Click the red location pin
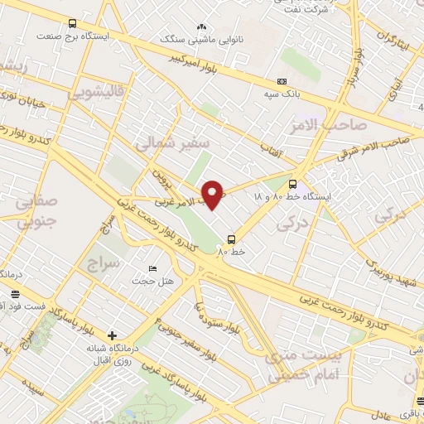coord(214,194)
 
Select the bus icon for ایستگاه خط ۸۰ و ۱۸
coord(291,185)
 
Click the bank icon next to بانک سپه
coord(282,81)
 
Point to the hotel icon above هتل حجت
coord(152,268)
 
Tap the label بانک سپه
coord(282,94)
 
